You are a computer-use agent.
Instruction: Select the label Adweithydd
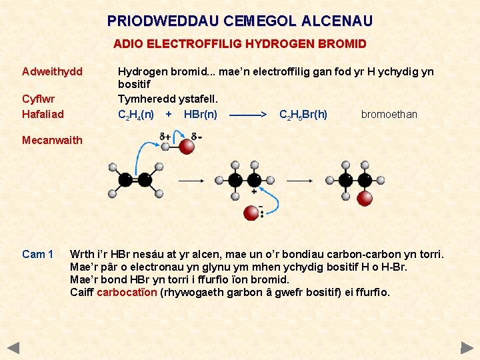[53, 71]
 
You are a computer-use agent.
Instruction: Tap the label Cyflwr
[39, 99]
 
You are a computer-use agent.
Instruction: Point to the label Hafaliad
[43, 114]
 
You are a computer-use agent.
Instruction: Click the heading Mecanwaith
[52, 140]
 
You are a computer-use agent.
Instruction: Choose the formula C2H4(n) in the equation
[136, 115]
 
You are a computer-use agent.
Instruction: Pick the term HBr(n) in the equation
[200, 115]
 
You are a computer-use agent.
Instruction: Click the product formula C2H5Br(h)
[303, 115]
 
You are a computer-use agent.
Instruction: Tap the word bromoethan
[389, 115]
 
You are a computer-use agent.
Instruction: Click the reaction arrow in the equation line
[248, 115]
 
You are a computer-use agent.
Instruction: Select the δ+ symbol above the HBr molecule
[165, 137]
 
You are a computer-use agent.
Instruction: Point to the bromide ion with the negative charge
[251, 213]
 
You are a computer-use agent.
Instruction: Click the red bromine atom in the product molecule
[364, 198]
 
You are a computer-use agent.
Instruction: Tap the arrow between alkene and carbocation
[193, 180]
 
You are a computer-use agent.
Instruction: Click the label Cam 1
[37, 254]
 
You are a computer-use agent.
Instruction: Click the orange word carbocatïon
[127, 292]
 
